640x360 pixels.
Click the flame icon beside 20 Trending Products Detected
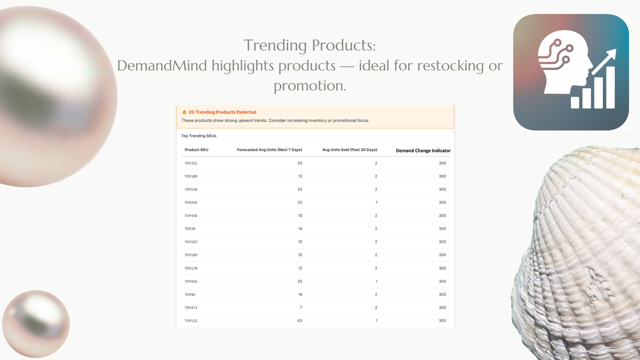click(184, 112)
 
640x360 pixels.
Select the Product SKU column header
click(196, 150)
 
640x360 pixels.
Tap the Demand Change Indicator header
click(423, 150)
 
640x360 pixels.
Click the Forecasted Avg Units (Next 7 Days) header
click(270, 150)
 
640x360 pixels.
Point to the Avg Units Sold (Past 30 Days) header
click(350, 150)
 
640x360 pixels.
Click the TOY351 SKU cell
click(191, 164)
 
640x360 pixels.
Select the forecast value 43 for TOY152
click(300, 320)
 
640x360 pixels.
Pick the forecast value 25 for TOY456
click(300, 281)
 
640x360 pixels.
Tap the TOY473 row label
click(191, 308)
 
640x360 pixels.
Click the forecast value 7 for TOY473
click(301, 308)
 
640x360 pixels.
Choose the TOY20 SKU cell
click(190, 229)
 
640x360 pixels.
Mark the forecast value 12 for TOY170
click(300, 268)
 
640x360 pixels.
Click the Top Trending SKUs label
click(198, 136)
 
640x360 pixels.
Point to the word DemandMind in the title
click(162, 66)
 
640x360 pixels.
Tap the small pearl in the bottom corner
click(36, 324)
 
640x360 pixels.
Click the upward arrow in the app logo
click(604, 62)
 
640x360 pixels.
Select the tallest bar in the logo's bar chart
click(610, 88)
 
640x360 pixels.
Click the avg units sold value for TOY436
click(376, 202)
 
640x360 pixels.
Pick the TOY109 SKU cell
click(191, 176)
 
